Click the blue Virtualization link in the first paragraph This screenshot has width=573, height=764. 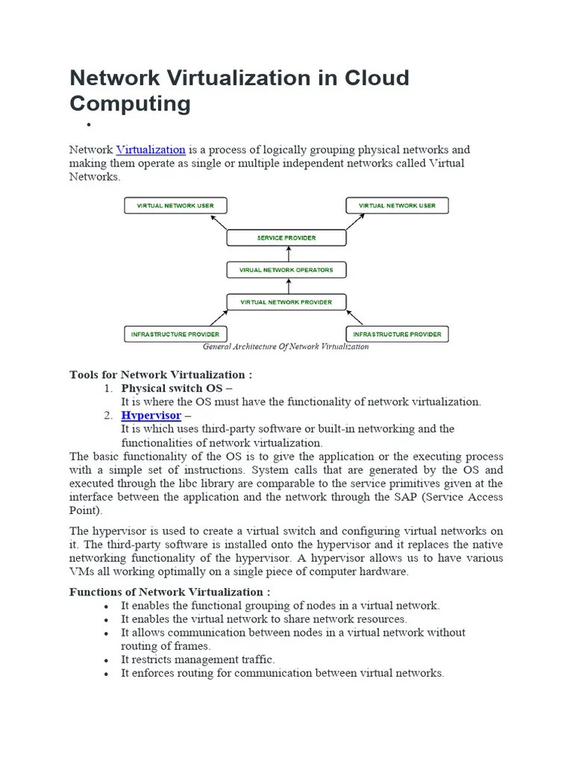pyautogui.click(x=151, y=150)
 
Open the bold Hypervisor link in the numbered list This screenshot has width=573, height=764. pyautogui.click(x=151, y=415)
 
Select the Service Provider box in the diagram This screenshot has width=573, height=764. pyautogui.click(x=286, y=238)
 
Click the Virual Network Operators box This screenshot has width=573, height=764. pyautogui.click(x=286, y=270)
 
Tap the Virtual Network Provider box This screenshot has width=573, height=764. pyautogui.click(x=286, y=302)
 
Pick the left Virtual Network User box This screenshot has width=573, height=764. pyautogui.click(x=175, y=206)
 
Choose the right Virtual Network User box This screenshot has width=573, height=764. pyautogui.click(x=398, y=206)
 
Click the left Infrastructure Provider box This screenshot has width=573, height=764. pyautogui.click(x=175, y=334)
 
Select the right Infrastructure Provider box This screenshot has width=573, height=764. pyautogui.click(x=398, y=334)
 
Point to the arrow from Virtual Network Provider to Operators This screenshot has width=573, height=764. pyautogui.click(x=286, y=286)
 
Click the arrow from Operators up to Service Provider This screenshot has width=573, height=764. pyautogui.click(x=286, y=254)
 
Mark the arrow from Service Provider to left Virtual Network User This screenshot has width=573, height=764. pyautogui.click(x=219, y=222)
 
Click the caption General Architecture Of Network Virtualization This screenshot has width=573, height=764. pyautogui.click(x=286, y=347)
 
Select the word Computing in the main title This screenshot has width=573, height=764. pyautogui.click(x=130, y=104)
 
